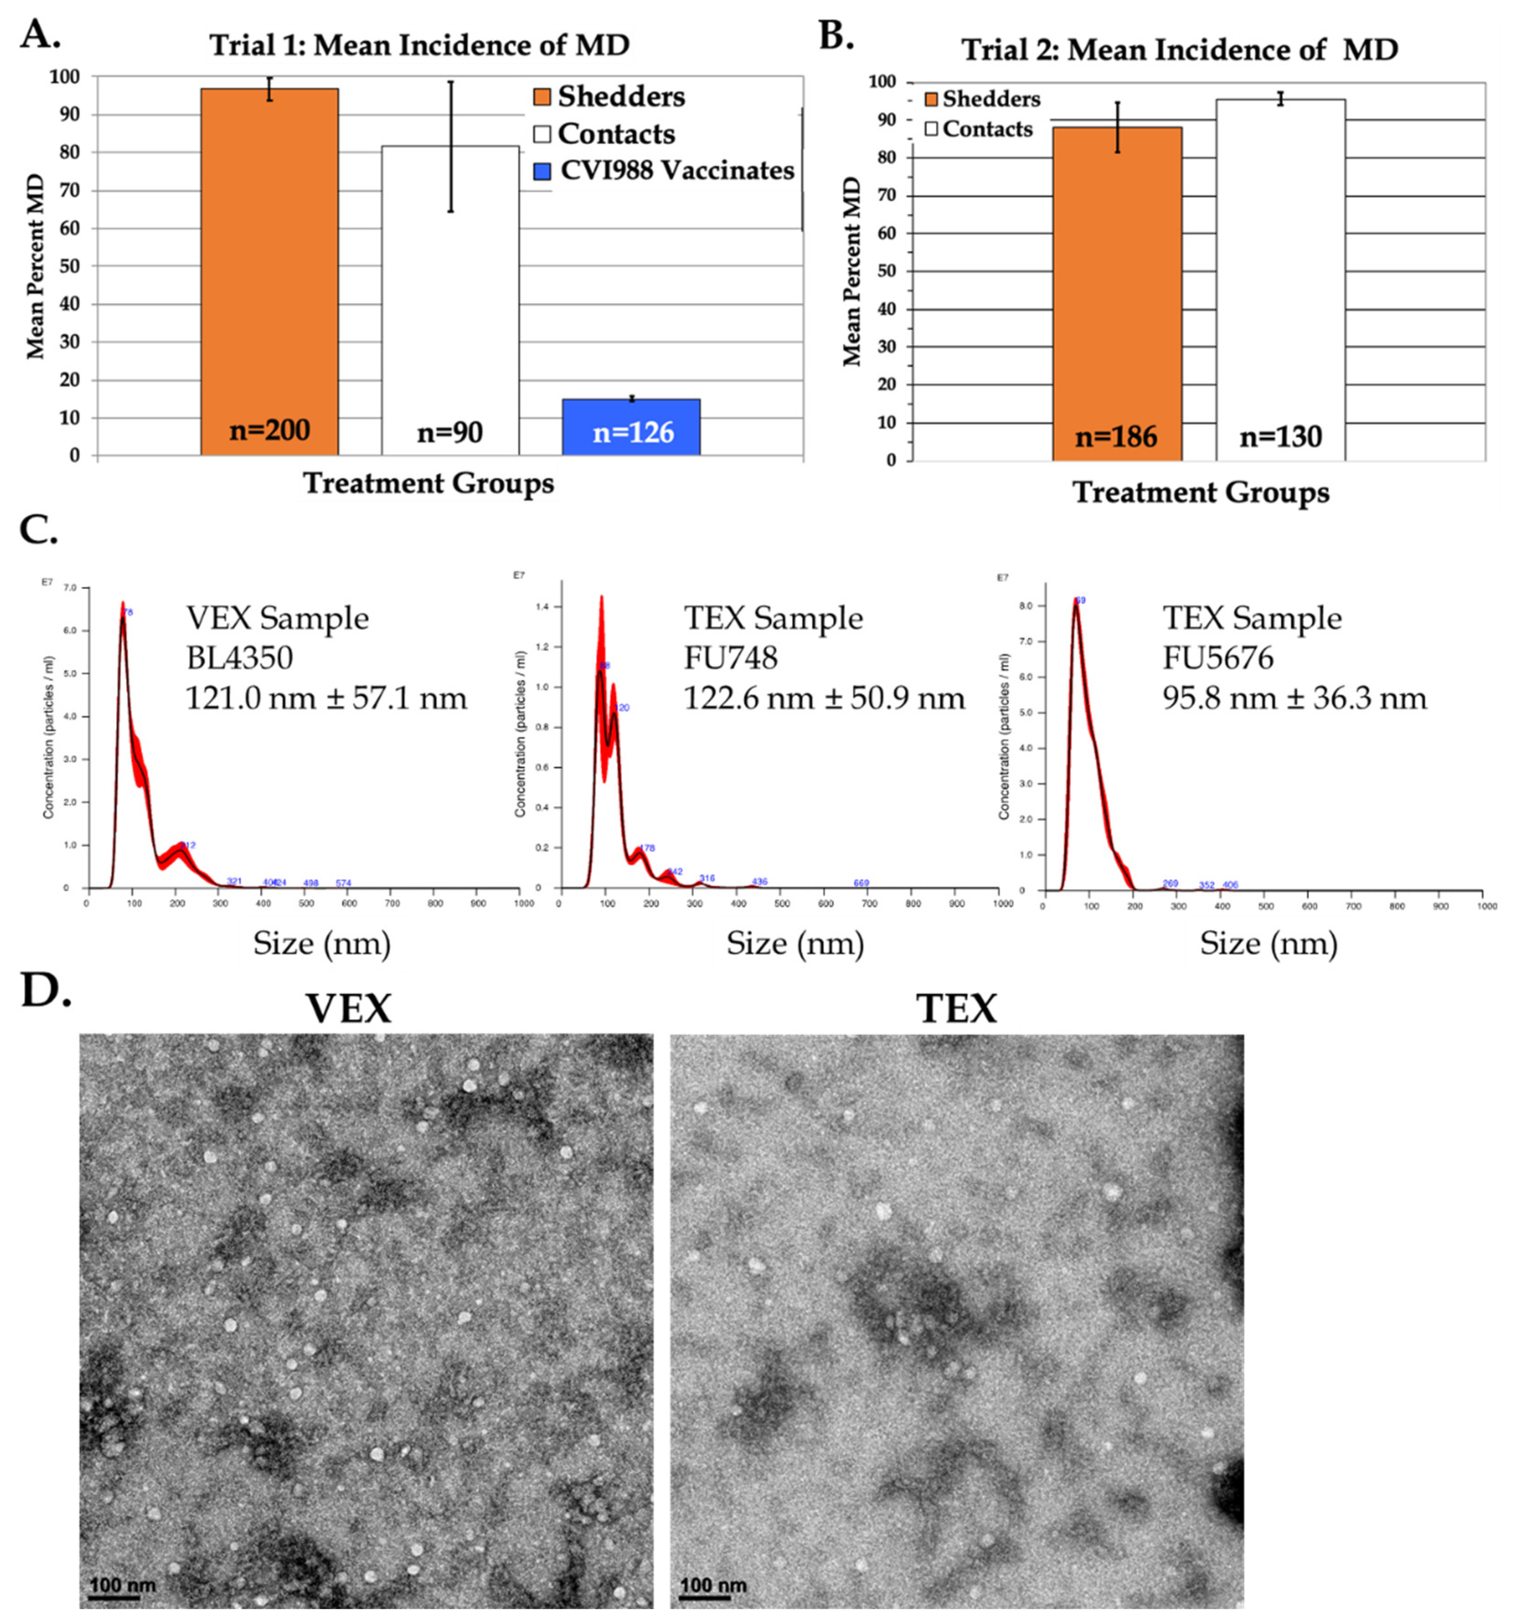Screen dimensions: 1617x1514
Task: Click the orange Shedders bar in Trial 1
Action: coord(269,268)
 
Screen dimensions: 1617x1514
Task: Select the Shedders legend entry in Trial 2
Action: coord(982,99)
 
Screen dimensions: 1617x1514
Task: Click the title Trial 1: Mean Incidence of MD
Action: coord(420,46)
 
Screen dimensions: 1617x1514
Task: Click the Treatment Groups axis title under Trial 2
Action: coord(1201,492)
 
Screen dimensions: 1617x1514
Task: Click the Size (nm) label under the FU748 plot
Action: coord(795,944)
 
